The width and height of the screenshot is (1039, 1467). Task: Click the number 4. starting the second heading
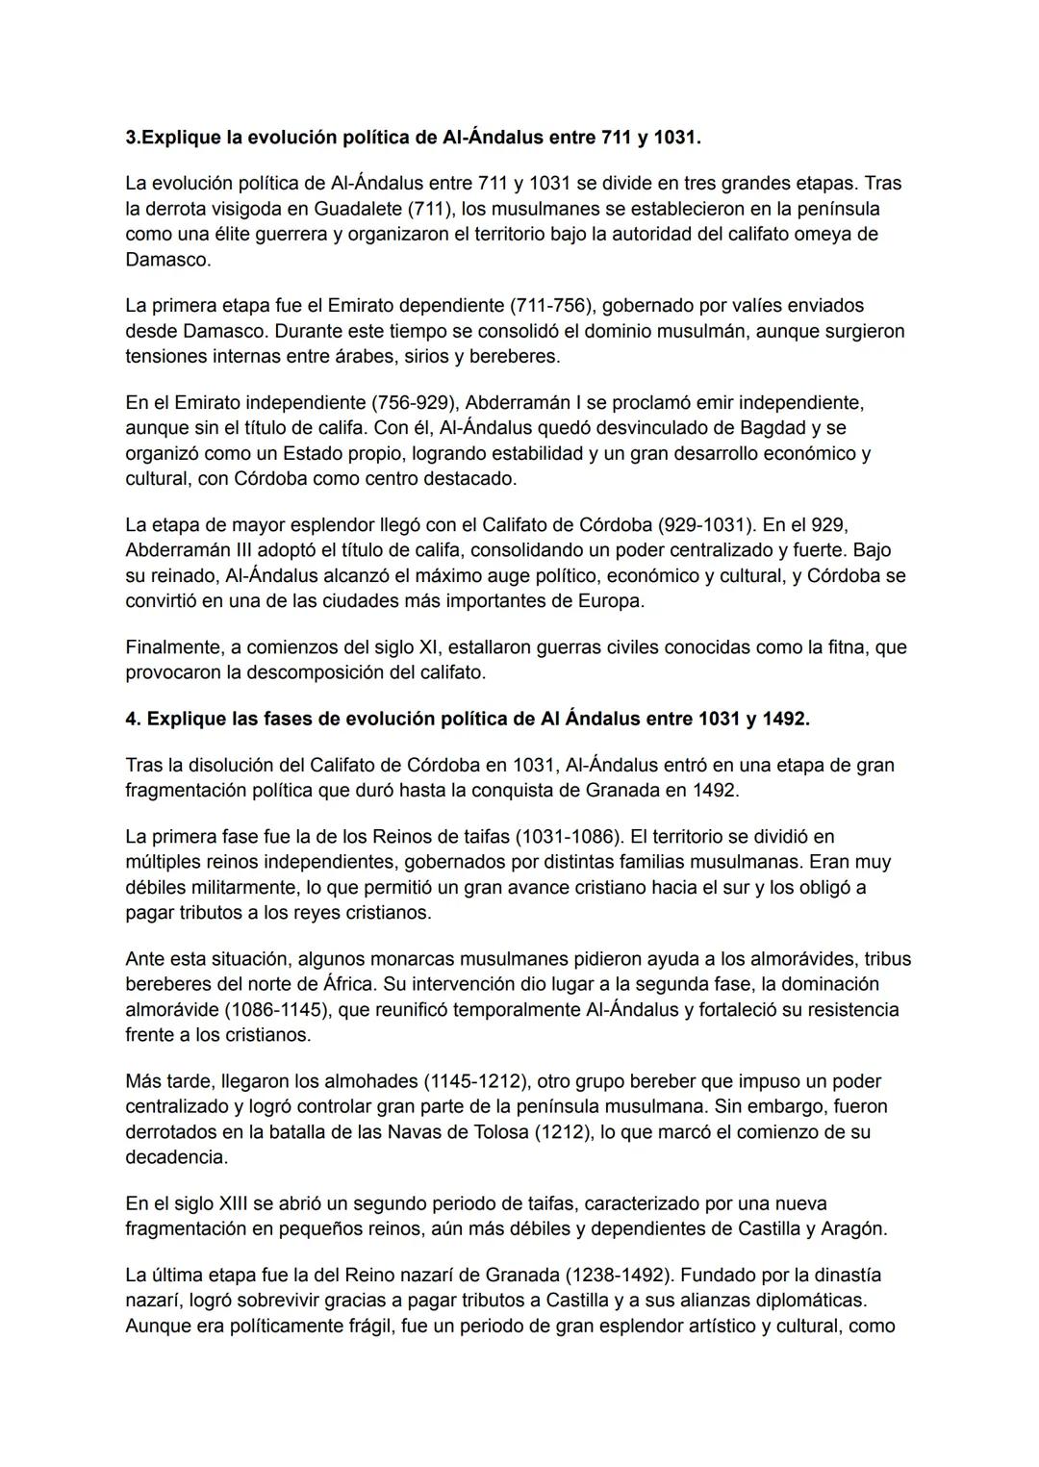tap(134, 719)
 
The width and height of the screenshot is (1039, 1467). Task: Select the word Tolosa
tap(494, 1132)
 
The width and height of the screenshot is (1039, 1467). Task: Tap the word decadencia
tap(176, 1157)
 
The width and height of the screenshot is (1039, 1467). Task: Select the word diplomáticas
tap(810, 1301)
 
